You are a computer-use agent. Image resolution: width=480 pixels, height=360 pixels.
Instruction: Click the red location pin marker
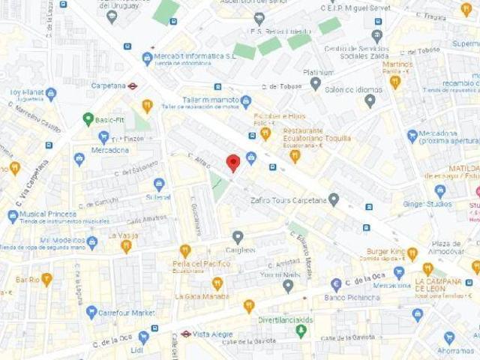coord(233,163)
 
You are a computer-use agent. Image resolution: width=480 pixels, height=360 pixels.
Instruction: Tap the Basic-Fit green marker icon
coord(88,118)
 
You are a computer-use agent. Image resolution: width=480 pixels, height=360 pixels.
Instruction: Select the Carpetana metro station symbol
coord(132,85)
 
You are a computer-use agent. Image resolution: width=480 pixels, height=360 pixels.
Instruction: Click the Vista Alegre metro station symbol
coord(185,334)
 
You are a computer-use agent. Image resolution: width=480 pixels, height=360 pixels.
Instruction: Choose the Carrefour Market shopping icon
coord(91,312)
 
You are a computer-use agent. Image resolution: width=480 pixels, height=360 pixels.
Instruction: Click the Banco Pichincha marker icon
coord(336,285)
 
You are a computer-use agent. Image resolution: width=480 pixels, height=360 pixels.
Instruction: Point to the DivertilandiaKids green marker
coord(301,331)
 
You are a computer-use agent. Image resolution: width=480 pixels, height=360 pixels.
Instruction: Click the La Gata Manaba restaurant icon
coord(217,283)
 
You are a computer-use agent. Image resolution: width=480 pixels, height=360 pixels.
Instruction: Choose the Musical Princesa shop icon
coord(13,216)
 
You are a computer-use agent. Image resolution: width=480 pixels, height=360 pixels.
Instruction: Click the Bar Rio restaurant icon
coord(46,279)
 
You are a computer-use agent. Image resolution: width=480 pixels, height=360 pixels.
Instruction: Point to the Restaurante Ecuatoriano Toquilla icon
coord(295,155)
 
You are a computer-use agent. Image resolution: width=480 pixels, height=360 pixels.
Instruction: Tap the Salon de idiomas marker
coord(370,100)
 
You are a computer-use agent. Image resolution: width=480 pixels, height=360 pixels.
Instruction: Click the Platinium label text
coord(318,73)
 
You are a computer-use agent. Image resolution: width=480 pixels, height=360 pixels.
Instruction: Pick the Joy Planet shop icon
coord(51,94)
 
